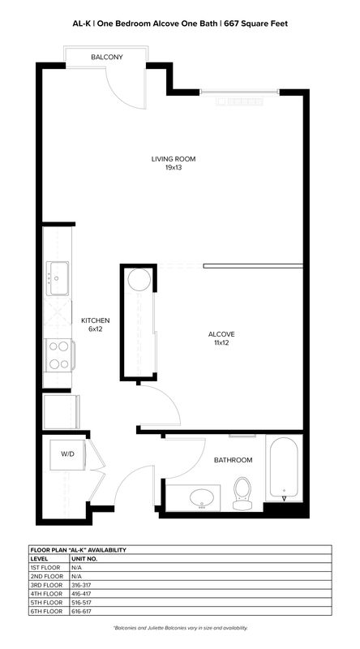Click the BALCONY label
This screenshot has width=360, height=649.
(x=107, y=57)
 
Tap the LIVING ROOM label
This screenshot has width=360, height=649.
(x=173, y=159)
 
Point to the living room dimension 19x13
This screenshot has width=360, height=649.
(x=173, y=168)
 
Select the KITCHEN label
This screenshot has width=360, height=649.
(x=95, y=320)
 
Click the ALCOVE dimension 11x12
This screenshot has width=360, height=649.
(x=221, y=343)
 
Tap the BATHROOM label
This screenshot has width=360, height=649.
(x=233, y=460)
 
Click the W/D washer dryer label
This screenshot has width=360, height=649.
(x=67, y=454)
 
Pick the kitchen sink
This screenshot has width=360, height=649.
(x=57, y=278)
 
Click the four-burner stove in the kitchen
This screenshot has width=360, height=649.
(x=59, y=355)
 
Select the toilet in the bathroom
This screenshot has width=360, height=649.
(x=242, y=493)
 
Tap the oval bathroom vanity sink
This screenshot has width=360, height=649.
(x=202, y=497)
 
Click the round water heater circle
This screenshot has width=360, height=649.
(x=139, y=279)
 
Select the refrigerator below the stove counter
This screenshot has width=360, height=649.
(x=62, y=412)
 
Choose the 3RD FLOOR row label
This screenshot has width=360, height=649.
(x=47, y=585)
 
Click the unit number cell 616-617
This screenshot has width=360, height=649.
(x=81, y=612)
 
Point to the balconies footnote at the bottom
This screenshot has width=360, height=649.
(x=180, y=628)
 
